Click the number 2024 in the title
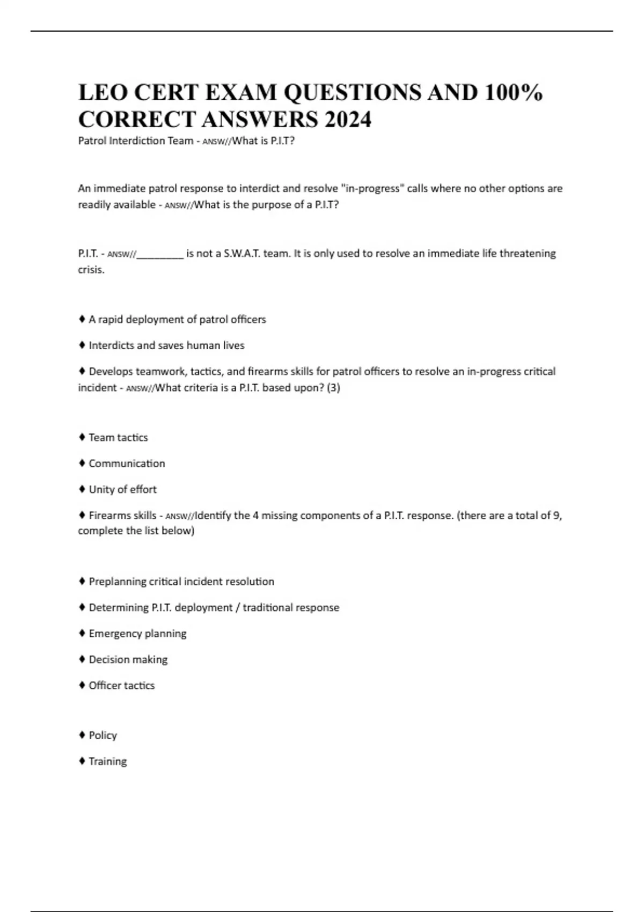tap(347, 119)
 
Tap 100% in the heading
tap(513, 92)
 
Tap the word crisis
tap(91, 269)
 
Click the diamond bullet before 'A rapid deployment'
tap(82, 319)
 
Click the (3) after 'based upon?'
tap(333, 387)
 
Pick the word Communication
tap(127, 464)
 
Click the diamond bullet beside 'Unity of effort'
tap(82, 489)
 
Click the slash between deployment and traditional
tap(238, 608)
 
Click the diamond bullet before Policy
tap(82, 735)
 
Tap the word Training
tap(108, 761)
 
